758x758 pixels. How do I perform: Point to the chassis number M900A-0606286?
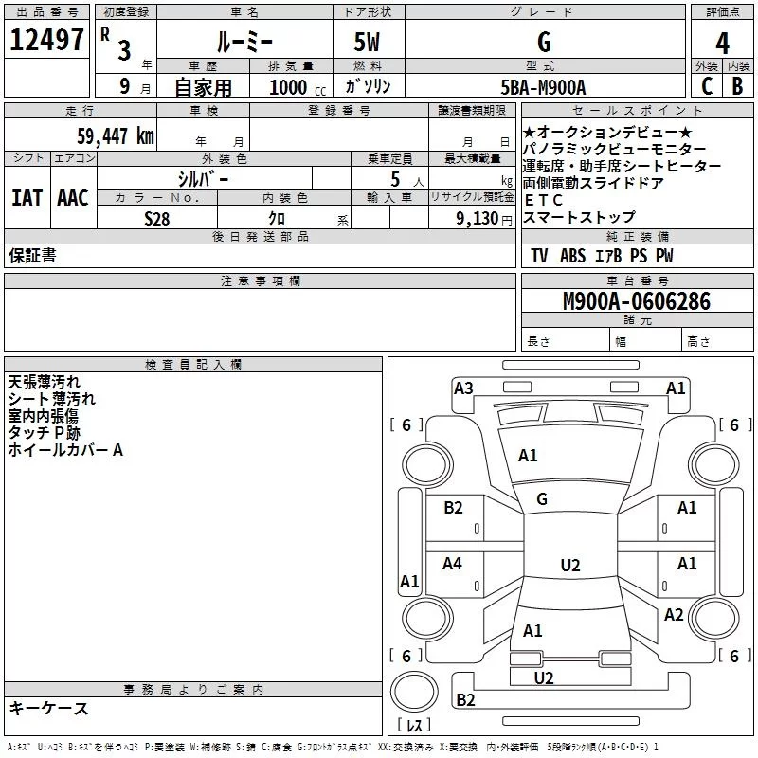tap(636, 301)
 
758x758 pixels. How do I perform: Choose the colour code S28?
tap(157, 218)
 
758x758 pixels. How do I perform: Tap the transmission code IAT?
tap(27, 198)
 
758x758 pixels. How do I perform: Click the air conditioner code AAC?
tap(73, 198)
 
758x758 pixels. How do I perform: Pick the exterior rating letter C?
tap(706, 87)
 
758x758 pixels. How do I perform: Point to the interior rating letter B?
tap(737, 87)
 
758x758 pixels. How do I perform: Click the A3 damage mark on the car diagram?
tap(463, 388)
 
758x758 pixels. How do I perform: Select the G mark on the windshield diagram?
tap(542, 498)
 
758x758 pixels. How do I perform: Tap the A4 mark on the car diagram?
tap(453, 564)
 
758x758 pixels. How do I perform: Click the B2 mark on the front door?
tap(453, 508)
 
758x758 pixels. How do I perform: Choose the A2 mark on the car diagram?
tap(674, 615)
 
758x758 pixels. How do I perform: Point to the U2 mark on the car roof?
tap(569, 566)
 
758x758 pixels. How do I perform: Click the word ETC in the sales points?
tap(544, 200)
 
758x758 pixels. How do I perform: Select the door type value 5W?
tap(369, 42)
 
